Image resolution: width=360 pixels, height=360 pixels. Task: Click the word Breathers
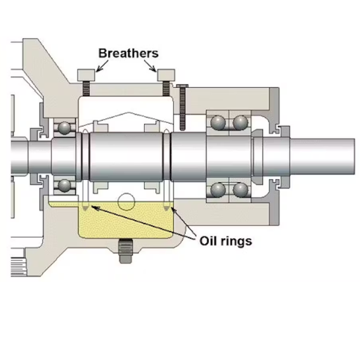128,53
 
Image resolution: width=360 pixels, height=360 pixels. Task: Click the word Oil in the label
210,240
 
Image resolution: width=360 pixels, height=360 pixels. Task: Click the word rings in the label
237,240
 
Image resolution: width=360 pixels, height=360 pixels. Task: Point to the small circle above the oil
127,203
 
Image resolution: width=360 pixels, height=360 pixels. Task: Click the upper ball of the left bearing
65,127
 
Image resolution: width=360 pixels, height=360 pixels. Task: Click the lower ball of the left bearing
65,185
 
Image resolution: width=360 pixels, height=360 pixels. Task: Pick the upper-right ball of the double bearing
240,122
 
